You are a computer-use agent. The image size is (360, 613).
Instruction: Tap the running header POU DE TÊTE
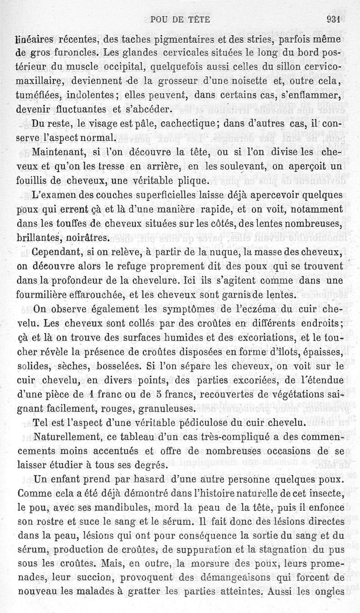tap(180, 19)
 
